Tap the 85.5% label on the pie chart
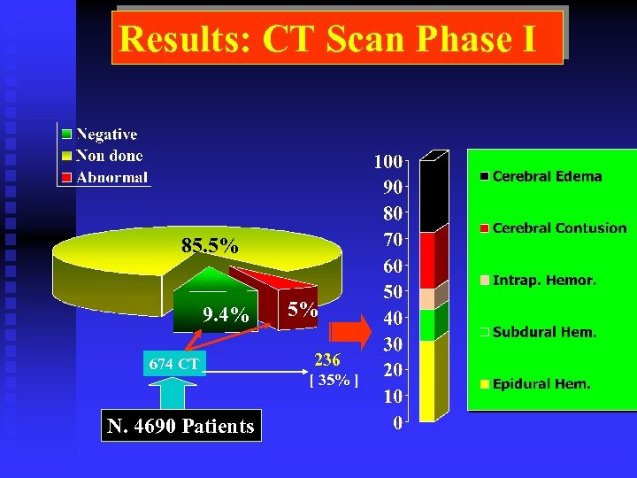click(x=209, y=246)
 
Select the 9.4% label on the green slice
click(x=226, y=315)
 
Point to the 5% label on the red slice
click(x=302, y=309)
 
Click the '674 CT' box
click(x=173, y=363)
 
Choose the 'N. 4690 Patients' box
click(x=180, y=427)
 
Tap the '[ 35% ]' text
click(x=333, y=382)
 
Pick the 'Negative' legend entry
click(x=106, y=135)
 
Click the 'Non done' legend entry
click(x=109, y=156)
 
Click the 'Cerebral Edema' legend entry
click(x=546, y=176)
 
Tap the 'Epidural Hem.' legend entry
click(x=541, y=384)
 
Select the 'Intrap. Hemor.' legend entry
click(x=543, y=281)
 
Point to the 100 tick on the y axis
click(x=388, y=162)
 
